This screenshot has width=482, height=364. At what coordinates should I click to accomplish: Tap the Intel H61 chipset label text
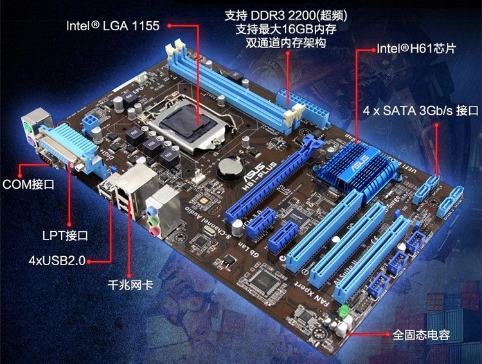coord(416,49)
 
